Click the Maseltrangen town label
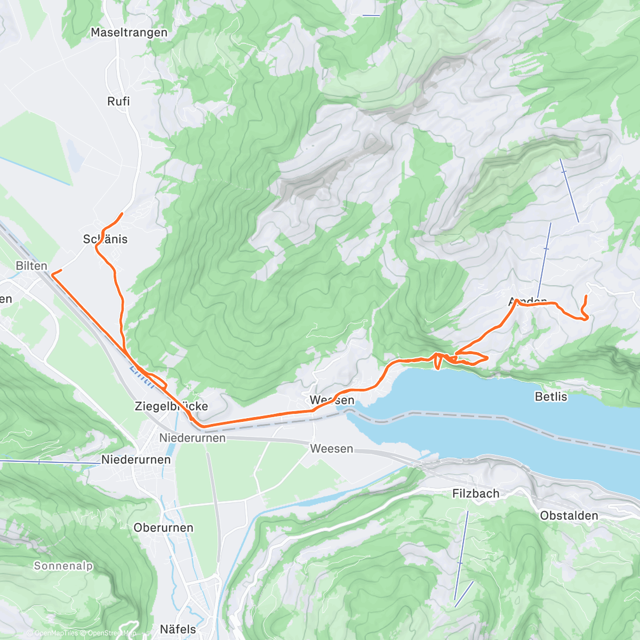pos(129,33)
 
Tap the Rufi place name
pos(118,101)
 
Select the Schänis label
pos(106,239)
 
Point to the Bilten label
pos(31,266)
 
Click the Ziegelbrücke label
pos(171,406)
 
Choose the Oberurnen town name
pos(163,527)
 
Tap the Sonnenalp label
pos(63,566)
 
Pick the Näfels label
pos(178,629)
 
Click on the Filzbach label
pos(476,494)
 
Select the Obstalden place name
pos(569,516)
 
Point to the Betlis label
pos(551,397)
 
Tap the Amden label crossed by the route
pos(528,302)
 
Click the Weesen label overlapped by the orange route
pos(332,400)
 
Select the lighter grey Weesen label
pos(332,449)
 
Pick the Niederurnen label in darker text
pos(136,460)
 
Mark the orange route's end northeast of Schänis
pos(123,214)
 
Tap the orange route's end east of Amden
pos(586,296)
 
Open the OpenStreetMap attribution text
pos(109,634)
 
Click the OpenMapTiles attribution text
pos(56,634)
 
